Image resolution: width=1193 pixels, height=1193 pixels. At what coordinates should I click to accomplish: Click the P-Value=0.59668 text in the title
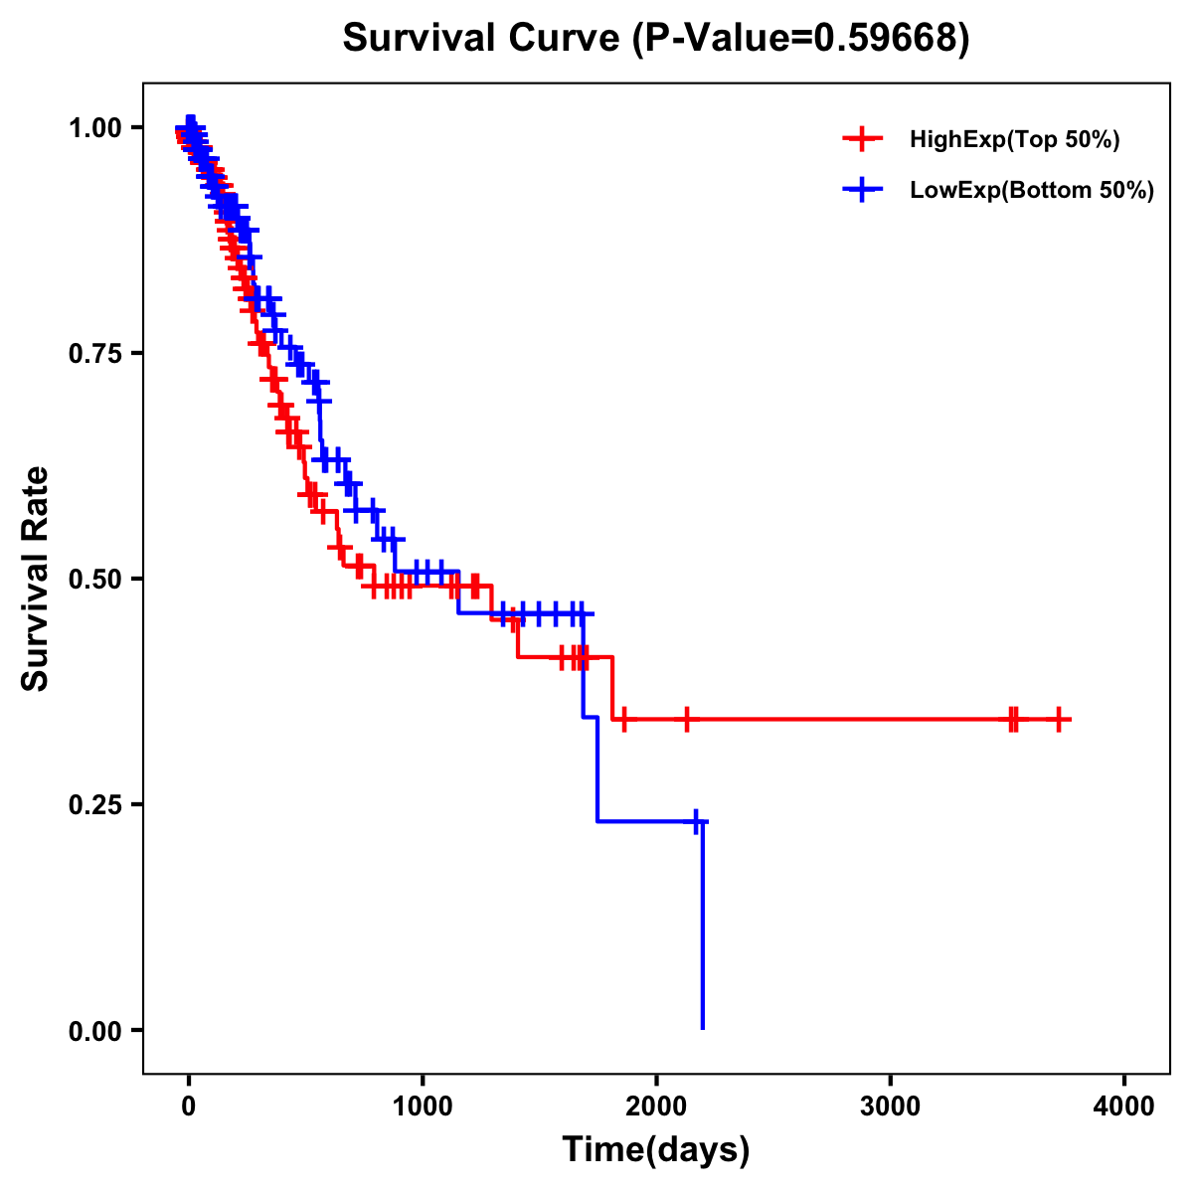coord(802,38)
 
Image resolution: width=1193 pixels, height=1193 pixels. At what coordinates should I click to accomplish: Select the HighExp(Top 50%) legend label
coord(1014,140)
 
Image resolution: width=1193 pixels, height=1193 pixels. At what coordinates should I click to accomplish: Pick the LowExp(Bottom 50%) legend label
coord(1031,191)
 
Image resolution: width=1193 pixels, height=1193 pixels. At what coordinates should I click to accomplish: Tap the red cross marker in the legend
coord(861,139)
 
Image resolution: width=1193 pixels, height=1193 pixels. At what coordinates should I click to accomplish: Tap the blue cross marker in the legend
coord(861,189)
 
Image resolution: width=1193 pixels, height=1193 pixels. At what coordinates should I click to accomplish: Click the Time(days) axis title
coord(656,1150)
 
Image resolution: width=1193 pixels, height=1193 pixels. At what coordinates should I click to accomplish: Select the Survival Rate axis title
coord(36,579)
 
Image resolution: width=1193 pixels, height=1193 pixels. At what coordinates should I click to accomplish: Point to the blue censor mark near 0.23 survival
coord(696,821)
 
